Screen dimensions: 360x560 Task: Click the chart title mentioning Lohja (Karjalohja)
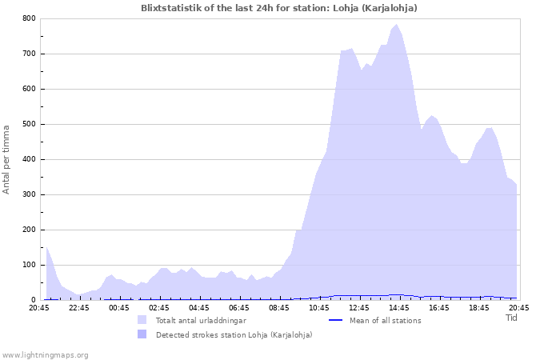point(278,7)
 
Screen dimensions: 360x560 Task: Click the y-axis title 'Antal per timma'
point(6,158)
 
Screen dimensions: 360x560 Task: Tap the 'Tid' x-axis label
point(512,318)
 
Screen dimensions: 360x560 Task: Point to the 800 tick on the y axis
point(29,18)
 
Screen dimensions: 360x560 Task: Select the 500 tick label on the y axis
point(29,124)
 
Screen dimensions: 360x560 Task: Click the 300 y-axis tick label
point(29,194)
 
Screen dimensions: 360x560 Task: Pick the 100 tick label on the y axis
point(29,265)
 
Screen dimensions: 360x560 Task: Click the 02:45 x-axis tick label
point(159,307)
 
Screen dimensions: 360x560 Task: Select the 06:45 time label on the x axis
point(239,307)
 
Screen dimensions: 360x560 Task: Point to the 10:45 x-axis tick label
point(319,307)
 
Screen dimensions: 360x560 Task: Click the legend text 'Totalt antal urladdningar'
point(201,321)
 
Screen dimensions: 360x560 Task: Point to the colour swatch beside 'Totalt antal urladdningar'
point(142,320)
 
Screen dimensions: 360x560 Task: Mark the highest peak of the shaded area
point(396,25)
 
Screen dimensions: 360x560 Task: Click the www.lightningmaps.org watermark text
point(45,354)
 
